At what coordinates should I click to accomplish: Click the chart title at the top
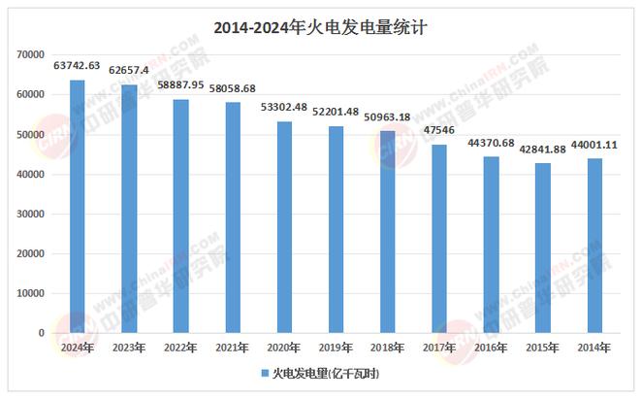point(319,28)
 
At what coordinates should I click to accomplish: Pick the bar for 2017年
point(439,239)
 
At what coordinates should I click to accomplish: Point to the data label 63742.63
point(78,66)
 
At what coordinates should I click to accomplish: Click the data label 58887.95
point(180,85)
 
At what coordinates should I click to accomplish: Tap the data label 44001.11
point(594,145)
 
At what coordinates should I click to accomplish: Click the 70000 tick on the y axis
point(32,55)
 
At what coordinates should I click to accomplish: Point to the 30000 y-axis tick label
point(32,215)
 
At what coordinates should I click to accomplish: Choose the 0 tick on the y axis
point(42,333)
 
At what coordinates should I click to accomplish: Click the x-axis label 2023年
point(129,348)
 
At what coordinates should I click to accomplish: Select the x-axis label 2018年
point(388,348)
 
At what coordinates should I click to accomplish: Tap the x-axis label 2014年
point(594,348)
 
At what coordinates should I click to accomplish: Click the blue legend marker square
point(264,373)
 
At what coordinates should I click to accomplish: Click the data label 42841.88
point(543,149)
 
